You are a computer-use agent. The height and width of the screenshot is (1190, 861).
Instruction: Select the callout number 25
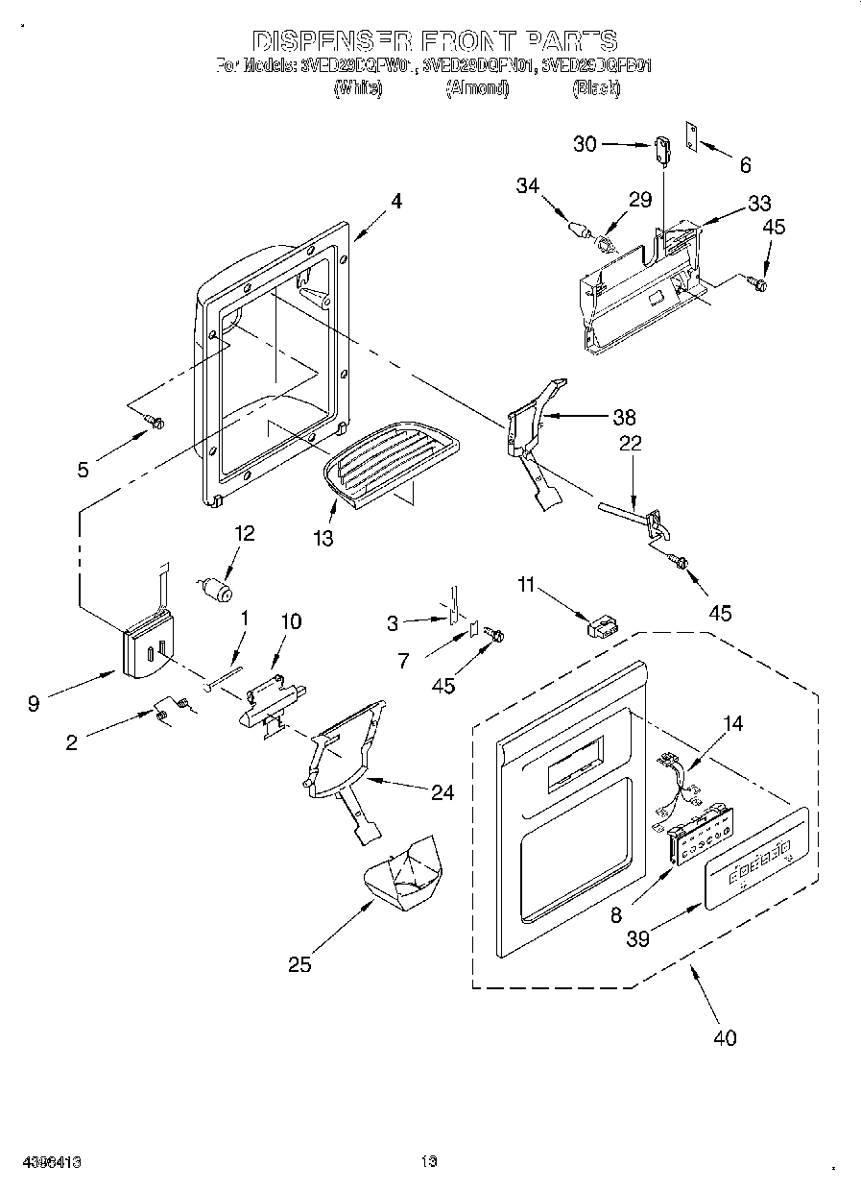299,963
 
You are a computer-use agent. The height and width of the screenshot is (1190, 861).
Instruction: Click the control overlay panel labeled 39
755,858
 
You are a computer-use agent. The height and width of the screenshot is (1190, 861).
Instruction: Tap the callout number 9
35,704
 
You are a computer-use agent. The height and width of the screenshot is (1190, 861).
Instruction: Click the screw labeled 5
154,420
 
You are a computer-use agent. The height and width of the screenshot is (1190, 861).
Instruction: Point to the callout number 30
585,144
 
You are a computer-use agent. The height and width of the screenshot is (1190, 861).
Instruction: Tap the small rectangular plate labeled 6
689,137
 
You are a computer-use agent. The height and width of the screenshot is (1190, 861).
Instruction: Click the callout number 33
759,204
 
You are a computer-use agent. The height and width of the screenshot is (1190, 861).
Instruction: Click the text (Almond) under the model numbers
477,88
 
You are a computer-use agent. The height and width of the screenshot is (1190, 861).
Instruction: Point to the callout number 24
442,792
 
